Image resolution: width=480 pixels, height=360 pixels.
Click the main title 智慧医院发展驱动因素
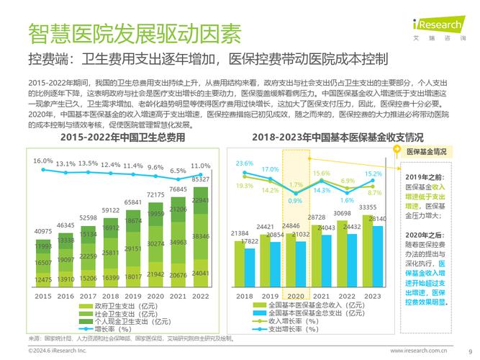click(x=135, y=32)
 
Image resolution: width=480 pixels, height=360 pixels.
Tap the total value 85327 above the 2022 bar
click(x=201, y=179)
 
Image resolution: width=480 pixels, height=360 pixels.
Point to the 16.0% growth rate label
click(x=43, y=161)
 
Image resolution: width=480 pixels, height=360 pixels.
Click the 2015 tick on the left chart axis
click(x=43, y=296)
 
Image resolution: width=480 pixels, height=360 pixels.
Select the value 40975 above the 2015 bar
click(x=43, y=231)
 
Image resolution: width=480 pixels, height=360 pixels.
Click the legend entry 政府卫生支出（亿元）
click(x=123, y=306)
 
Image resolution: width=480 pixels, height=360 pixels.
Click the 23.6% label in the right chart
click(x=245, y=163)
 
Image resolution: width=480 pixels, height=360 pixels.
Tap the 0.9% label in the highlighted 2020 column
click(x=294, y=201)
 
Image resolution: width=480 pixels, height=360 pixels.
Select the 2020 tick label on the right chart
click(x=295, y=296)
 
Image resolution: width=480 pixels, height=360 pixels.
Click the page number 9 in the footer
click(x=470, y=351)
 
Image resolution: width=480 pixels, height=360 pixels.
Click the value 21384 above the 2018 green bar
click(x=240, y=234)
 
